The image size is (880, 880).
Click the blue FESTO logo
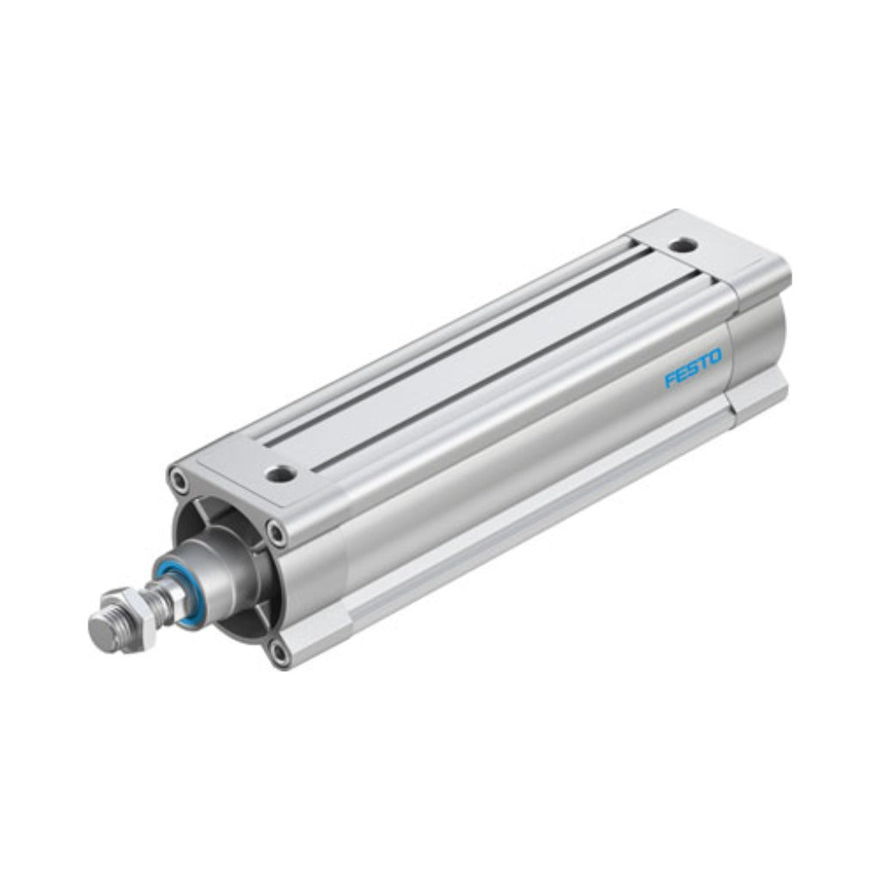tap(694, 368)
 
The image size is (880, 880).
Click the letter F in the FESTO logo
tap(670, 380)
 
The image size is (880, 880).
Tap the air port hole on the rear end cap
tap(683, 244)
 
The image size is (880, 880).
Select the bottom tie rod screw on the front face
tap(278, 651)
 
